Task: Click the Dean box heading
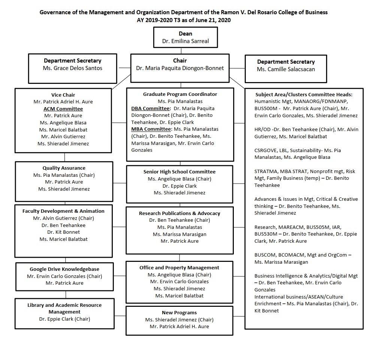[x=186, y=34]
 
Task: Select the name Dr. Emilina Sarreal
[x=186, y=41]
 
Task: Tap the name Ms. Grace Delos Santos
[x=72, y=68]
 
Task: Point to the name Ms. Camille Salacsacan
[x=286, y=69]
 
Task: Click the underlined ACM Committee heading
[x=63, y=109]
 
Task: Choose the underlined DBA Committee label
[x=151, y=108]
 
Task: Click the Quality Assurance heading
[x=64, y=168]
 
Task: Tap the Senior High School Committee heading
[x=180, y=172]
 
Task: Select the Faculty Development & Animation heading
[x=63, y=211]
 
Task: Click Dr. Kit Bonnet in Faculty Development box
[x=63, y=232]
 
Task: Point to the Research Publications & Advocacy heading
[x=180, y=213]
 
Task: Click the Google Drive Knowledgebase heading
[x=64, y=269]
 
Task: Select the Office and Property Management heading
[x=180, y=268]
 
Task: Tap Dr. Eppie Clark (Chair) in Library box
[x=64, y=319]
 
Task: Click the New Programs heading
[x=180, y=313]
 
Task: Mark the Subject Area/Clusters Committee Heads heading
[x=304, y=94]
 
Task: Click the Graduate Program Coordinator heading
[x=180, y=94]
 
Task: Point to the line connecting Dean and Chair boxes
[x=181, y=51]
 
